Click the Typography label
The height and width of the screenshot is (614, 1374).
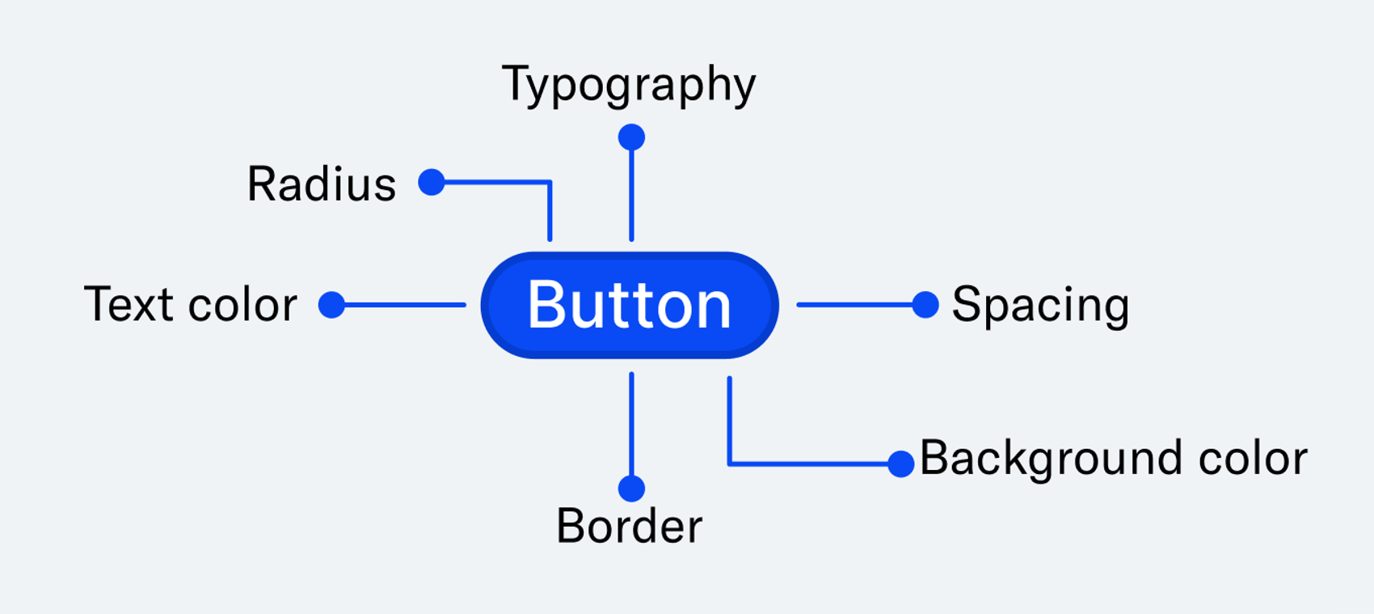coord(629,85)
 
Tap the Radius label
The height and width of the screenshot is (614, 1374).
coord(322,184)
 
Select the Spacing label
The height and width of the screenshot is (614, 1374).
coord(1040,306)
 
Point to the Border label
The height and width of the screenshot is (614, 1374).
coord(629,527)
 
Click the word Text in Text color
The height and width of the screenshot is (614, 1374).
coord(129,305)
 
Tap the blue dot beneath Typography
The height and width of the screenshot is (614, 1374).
coord(631,138)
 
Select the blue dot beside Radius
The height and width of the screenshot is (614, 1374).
coord(432,182)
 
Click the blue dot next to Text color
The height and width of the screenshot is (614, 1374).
coord(331,305)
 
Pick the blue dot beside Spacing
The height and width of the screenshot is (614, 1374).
coord(925,305)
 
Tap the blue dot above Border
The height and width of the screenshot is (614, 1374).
coord(631,489)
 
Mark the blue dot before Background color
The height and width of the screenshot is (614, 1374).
coord(900,464)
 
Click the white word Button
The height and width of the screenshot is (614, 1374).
coord(629,305)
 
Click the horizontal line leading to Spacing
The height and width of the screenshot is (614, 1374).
coord(853,305)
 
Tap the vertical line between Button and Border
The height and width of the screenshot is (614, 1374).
coord(631,425)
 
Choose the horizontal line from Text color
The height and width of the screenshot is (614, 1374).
coord(404,305)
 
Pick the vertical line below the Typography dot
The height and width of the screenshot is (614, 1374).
coord(631,194)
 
